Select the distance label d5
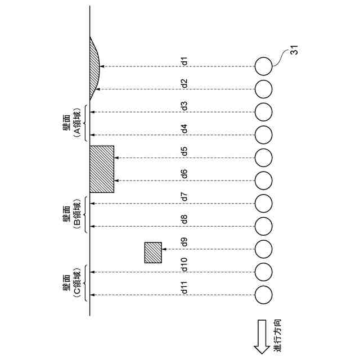(x=184, y=151)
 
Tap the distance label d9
(x=184, y=243)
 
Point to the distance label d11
(x=184, y=290)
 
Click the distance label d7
(x=184, y=197)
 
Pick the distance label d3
(x=184, y=106)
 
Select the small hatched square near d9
(x=153, y=253)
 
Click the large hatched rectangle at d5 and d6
(x=102, y=169)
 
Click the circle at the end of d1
(x=263, y=66)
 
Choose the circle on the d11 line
(x=263, y=294)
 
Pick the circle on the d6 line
(x=263, y=180)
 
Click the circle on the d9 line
(x=263, y=248)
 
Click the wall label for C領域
(x=72, y=283)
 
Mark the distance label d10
(x=184, y=264)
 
